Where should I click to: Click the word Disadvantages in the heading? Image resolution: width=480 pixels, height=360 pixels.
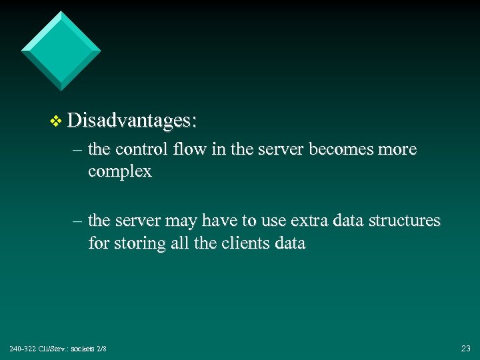131,121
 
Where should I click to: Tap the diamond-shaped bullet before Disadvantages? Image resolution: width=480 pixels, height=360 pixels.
55,121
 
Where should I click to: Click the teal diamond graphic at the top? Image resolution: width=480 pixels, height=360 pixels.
61,50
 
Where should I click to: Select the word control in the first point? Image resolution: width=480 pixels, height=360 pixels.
139,149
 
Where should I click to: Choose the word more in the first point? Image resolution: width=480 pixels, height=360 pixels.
397,149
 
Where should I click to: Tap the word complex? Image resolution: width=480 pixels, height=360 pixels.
120,172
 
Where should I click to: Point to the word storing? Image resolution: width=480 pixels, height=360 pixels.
141,244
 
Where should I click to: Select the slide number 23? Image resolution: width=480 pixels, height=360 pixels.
465,348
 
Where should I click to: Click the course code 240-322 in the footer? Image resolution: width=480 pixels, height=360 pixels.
21,349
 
